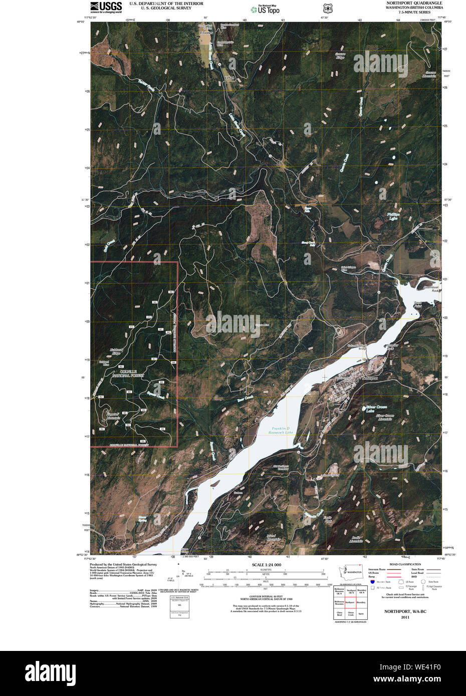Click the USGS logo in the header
(106, 7)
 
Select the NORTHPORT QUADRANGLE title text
(414, 3)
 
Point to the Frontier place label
(206, 33)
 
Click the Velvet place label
(229, 78)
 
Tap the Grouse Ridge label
(340, 56)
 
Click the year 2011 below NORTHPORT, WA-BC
(405, 617)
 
